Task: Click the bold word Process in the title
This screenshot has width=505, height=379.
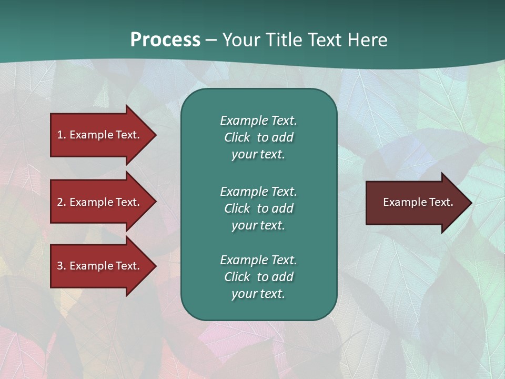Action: click(165, 39)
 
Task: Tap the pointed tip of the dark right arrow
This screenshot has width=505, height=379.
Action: click(471, 202)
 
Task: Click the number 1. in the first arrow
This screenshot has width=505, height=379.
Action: click(62, 135)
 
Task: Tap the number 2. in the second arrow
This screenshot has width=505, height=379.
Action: click(62, 202)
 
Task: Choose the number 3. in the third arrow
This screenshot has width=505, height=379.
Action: click(62, 266)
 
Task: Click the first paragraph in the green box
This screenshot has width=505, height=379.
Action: click(258, 137)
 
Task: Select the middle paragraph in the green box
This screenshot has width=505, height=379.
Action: click(258, 208)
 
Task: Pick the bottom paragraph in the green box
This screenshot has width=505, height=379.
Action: click(258, 277)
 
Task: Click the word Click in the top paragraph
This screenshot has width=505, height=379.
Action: click(237, 137)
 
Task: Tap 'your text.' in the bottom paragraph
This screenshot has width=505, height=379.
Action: click(258, 294)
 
